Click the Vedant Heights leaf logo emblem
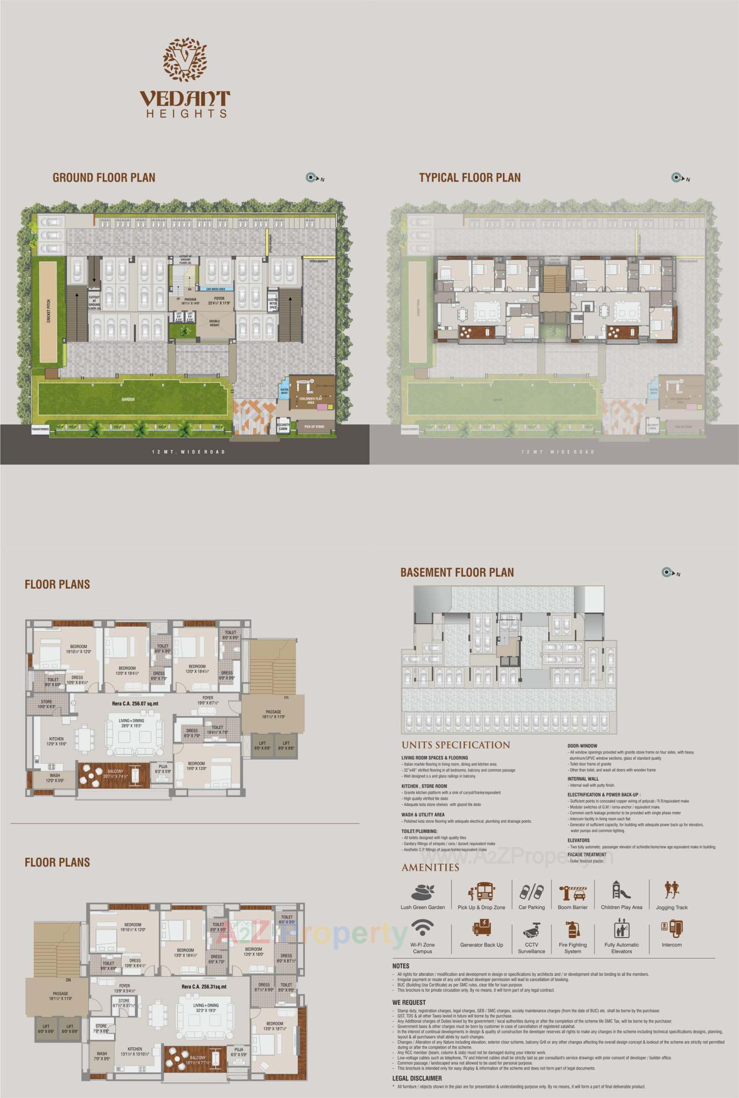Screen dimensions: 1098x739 pyautogui.click(x=185, y=59)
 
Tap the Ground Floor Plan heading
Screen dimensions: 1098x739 pyautogui.click(x=104, y=178)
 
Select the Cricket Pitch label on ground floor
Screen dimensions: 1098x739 pyautogui.click(x=48, y=311)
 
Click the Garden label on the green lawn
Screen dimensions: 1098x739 pyautogui.click(x=128, y=399)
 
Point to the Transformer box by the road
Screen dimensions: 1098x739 pyautogui.click(x=40, y=429)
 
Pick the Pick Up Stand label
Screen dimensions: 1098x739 pyautogui.click(x=314, y=426)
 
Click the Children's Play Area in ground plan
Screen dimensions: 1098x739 pyautogui.click(x=311, y=400)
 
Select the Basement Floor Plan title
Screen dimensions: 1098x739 pyautogui.click(x=457, y=573)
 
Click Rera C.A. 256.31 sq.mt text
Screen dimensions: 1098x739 pyautogui.click(x=204, y=986)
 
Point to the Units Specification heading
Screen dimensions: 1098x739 pyautogui.click(x=455, y=745)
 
